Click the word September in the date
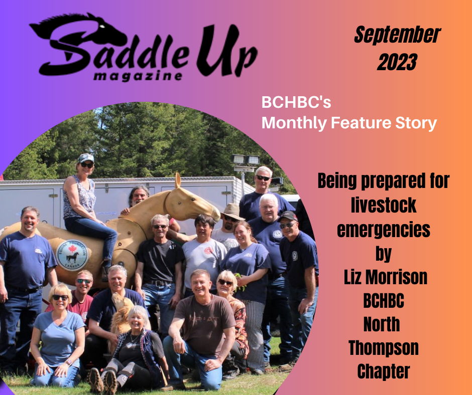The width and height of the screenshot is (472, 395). coord(397,35)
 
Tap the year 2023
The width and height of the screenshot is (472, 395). coord(397,62)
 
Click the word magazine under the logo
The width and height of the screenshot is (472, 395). coord(138,76)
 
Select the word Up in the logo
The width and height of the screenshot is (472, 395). coord(226,50)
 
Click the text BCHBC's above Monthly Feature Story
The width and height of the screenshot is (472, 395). coord(296,102)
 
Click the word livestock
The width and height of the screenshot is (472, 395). coord(384,205)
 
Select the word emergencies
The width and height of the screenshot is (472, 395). coord(384,230)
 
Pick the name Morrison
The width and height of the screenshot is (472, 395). coord(396,277)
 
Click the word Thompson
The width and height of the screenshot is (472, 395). coord(384,348)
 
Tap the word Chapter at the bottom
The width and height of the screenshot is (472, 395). coord(384,371)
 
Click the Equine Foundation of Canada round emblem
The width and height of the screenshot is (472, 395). coord(72,255)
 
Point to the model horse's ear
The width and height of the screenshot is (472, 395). coord(178,180)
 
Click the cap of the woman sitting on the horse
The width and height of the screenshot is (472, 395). coord(86,158)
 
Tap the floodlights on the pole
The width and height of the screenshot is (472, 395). coord(246,159)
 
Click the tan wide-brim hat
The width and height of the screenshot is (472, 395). coord(232,212)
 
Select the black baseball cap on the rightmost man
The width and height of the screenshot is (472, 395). coord(288,216)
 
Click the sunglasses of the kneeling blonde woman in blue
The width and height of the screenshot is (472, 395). coord(60,298)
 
